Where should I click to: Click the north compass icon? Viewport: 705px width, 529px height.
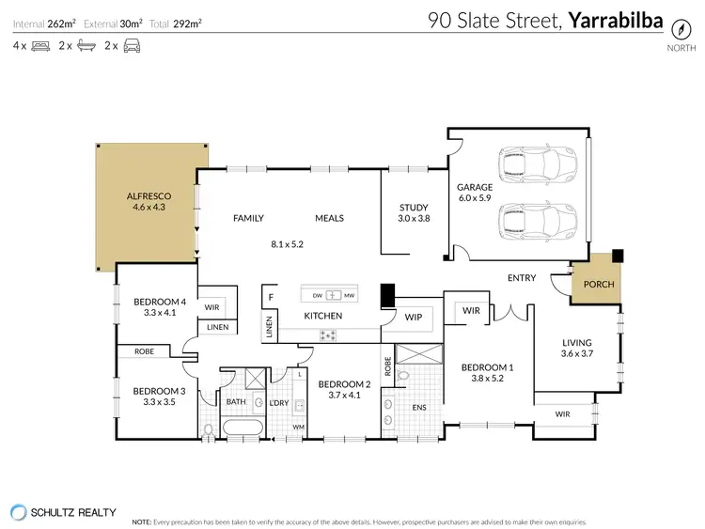(676, 27)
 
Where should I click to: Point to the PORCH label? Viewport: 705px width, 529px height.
(598, 284)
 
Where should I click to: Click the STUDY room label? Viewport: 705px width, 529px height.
(414, 208)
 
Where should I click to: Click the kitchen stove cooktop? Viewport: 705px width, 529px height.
(331, 335)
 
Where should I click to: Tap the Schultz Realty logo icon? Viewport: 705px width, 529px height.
(18, 512)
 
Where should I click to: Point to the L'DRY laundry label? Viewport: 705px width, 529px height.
(278, 402)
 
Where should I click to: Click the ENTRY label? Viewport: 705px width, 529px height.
(522, 277)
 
